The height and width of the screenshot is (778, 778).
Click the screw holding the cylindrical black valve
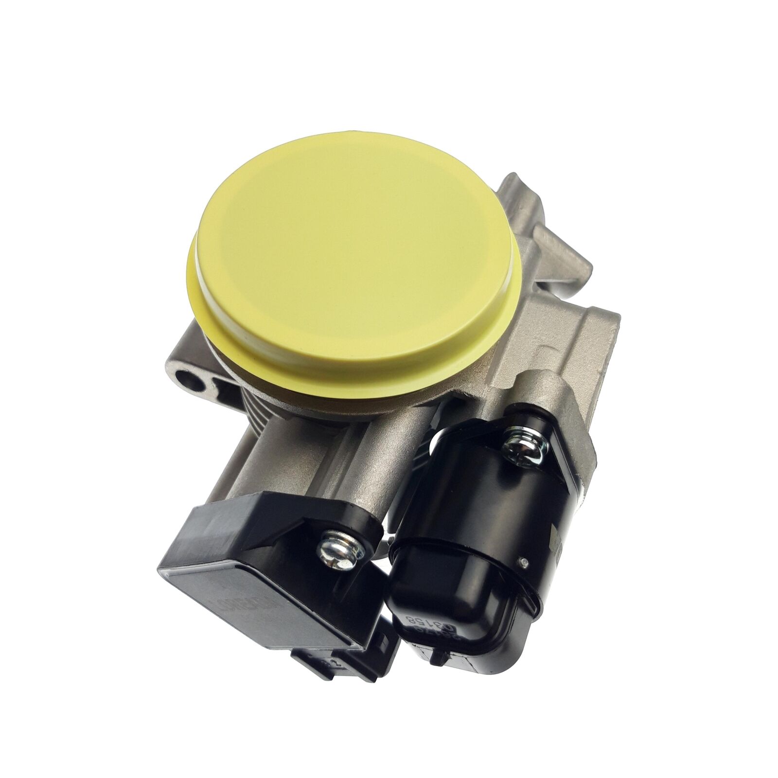521,442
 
